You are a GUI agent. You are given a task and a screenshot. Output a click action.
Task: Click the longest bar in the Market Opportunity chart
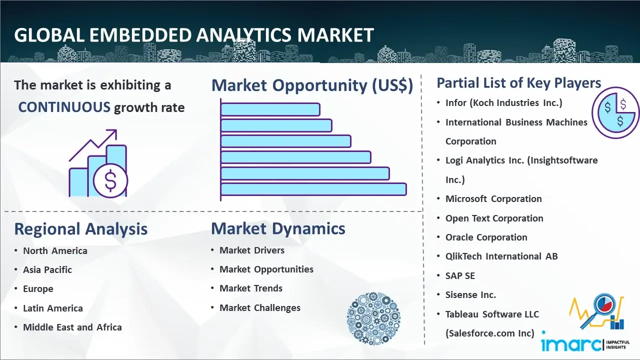313,189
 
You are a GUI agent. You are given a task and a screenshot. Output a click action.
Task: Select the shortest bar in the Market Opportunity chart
270,109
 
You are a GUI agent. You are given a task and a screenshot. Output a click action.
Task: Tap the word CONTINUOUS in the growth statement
64,107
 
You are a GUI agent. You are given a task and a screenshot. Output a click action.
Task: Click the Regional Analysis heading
80,229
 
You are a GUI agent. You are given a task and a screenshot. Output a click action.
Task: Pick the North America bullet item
55,250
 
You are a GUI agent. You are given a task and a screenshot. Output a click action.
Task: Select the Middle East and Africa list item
72,327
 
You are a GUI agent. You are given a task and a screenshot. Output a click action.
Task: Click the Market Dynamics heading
278,228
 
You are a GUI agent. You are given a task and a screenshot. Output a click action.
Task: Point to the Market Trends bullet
250,288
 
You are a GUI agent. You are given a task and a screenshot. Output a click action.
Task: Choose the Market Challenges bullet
259,308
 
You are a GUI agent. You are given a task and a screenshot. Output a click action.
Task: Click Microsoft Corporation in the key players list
493,199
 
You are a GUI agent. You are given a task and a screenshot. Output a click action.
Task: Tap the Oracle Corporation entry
486,237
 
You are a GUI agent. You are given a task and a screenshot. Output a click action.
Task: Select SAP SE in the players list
460,276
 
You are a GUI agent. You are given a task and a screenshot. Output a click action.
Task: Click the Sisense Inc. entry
470,295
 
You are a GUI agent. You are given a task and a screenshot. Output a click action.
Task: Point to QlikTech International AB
501,256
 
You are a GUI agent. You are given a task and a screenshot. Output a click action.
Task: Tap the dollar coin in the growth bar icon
110,181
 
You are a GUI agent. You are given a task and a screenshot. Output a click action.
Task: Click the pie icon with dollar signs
615,112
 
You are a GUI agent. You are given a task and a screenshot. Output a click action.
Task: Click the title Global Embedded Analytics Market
194,35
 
